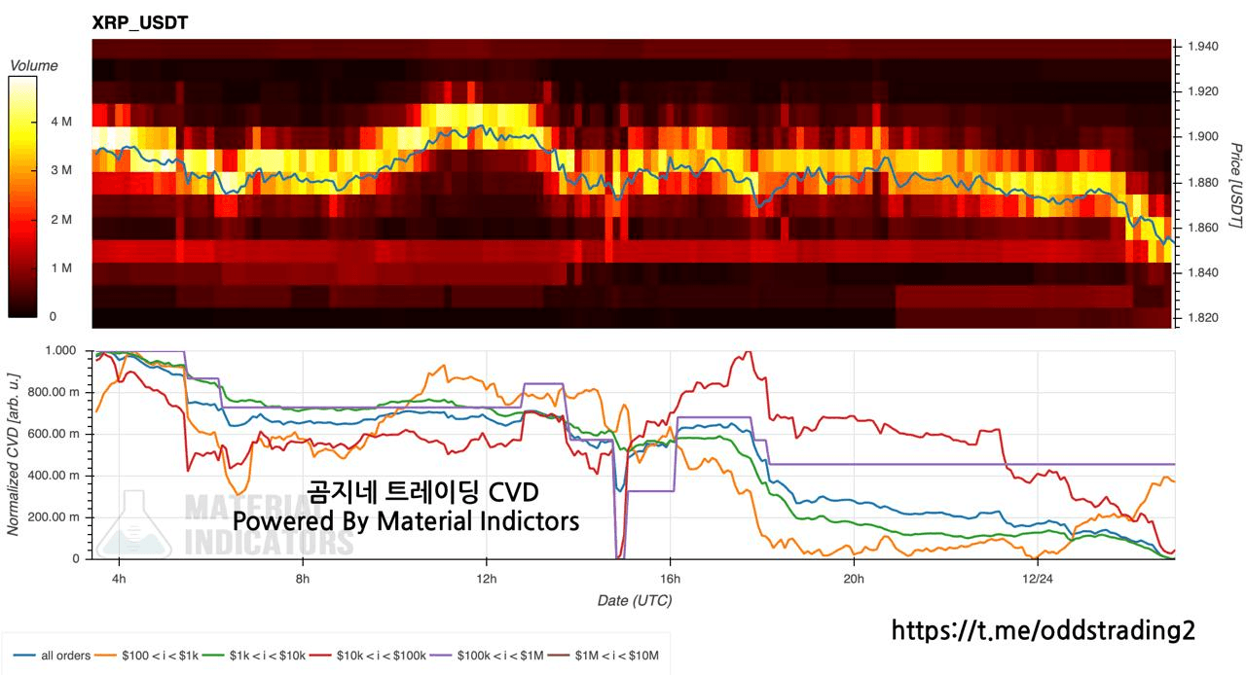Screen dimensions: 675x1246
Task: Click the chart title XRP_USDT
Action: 140,22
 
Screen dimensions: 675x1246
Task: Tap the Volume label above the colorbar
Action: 33,66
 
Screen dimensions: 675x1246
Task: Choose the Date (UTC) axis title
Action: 634,601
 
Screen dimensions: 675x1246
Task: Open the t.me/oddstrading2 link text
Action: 1043,630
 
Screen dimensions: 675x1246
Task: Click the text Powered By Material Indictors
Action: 405,521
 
